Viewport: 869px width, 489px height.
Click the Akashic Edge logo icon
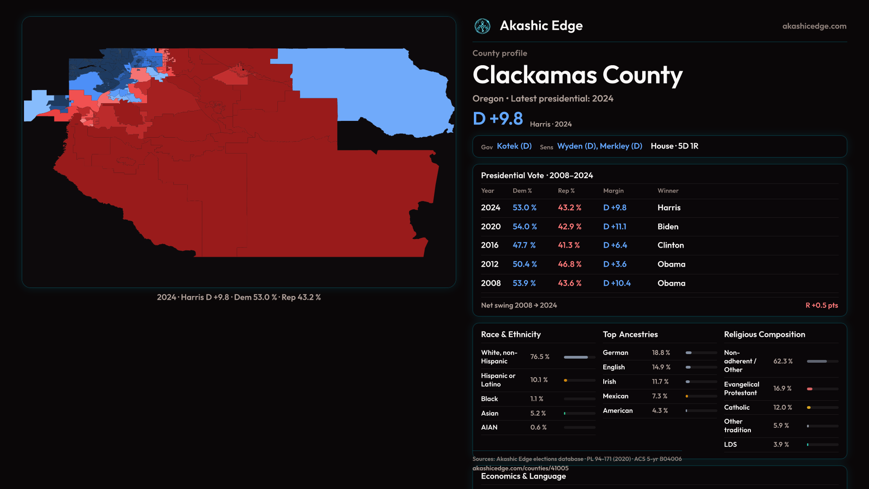pyautogui.click(x=482, y=26)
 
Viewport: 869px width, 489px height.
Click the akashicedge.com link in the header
pyautogui.click(x=814, y=26)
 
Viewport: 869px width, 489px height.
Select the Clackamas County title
pyautogui.click(x=578, y=75)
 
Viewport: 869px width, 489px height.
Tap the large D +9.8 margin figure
pyautogui.click(x=498, y=119)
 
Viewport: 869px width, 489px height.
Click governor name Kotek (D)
pyautogui.click(x=514, y=146)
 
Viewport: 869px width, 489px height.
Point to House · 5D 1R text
pyautogui.click(x=674, y=146)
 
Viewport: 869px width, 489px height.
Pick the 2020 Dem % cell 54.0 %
pyautogui.click(x=525, y=226)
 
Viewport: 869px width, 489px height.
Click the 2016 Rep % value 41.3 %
pyautogui.click(x=569, y=245)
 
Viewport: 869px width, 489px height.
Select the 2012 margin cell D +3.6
pyautogui.click(x=615, y=264)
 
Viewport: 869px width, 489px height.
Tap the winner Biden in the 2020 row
pyautogui.click(x=668, y=226)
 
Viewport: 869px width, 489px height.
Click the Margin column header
pyautogui.click(x=613, y=191)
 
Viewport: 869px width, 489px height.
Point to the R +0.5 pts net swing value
pyautogui.click(x=821, y=306)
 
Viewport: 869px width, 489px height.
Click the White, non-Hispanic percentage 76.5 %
pyautogui.click(x=540, y=357)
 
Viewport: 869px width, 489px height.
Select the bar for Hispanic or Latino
pyautogui.click(x=579, y=380)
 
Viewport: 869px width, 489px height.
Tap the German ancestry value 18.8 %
pyautogui.click(x=661, y=353)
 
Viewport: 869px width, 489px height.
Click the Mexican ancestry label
pyautogui.click(x=616, y=396)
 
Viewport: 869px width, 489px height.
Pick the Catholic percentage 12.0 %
pyautogui.click(x=783, y=407)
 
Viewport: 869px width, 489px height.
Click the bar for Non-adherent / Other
pyautogui.click(x=822, y=361)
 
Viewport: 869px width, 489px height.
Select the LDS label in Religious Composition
pyautogui.click(x=731, y=445)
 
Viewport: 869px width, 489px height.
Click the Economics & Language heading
pyautogui.click(x=523, y=476)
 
